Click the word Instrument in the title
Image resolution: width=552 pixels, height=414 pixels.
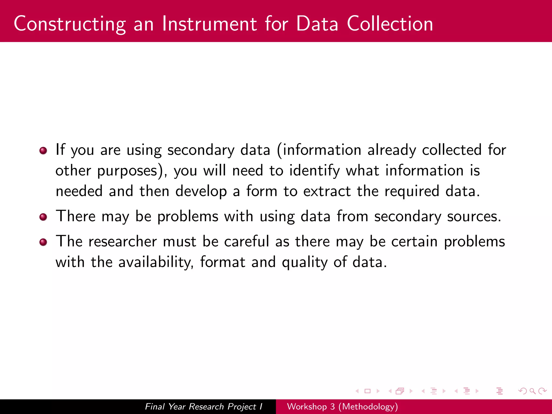(209, 24)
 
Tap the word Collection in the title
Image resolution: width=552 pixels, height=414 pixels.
(390, 24)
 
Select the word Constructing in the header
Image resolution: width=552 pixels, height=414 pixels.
(70, 24)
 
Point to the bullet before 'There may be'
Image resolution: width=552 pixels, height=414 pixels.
(43, 217)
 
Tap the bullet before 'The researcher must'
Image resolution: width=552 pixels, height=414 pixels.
(43, 242)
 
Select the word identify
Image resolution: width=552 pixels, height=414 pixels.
(315, 171)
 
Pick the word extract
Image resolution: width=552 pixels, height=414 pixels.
(327, 191)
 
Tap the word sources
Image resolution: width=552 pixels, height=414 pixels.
(474, 216)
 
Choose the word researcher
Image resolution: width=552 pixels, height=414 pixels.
(123, 241)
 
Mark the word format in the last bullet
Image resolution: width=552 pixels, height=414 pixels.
(223, 262)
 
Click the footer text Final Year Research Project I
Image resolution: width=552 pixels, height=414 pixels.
(203, 406)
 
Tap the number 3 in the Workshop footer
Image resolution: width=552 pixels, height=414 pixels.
(332, 406)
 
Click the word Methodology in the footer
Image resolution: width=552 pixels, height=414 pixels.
(368, 406)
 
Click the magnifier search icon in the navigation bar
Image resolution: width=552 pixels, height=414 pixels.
(532, 391)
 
